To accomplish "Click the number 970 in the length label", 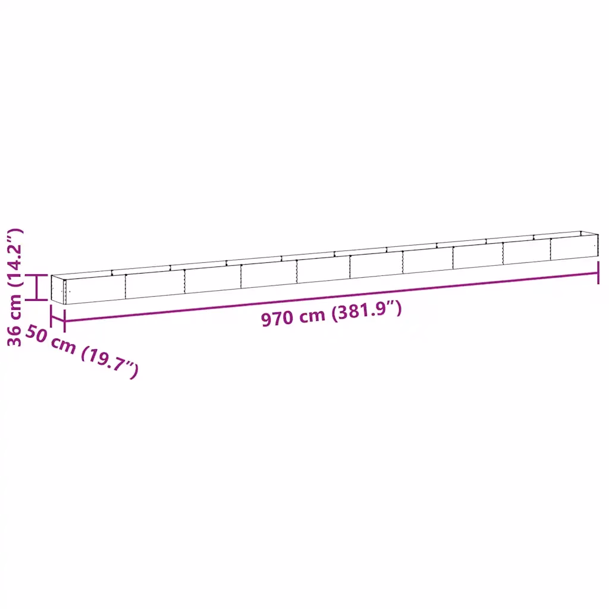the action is click(277, 319).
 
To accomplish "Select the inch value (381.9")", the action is click(366, 310).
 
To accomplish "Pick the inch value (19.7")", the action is click(109, 362).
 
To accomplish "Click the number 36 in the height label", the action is click(15, 335).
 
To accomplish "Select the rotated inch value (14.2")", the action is click(15, 258).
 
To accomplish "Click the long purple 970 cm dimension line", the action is click(331, 297).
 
